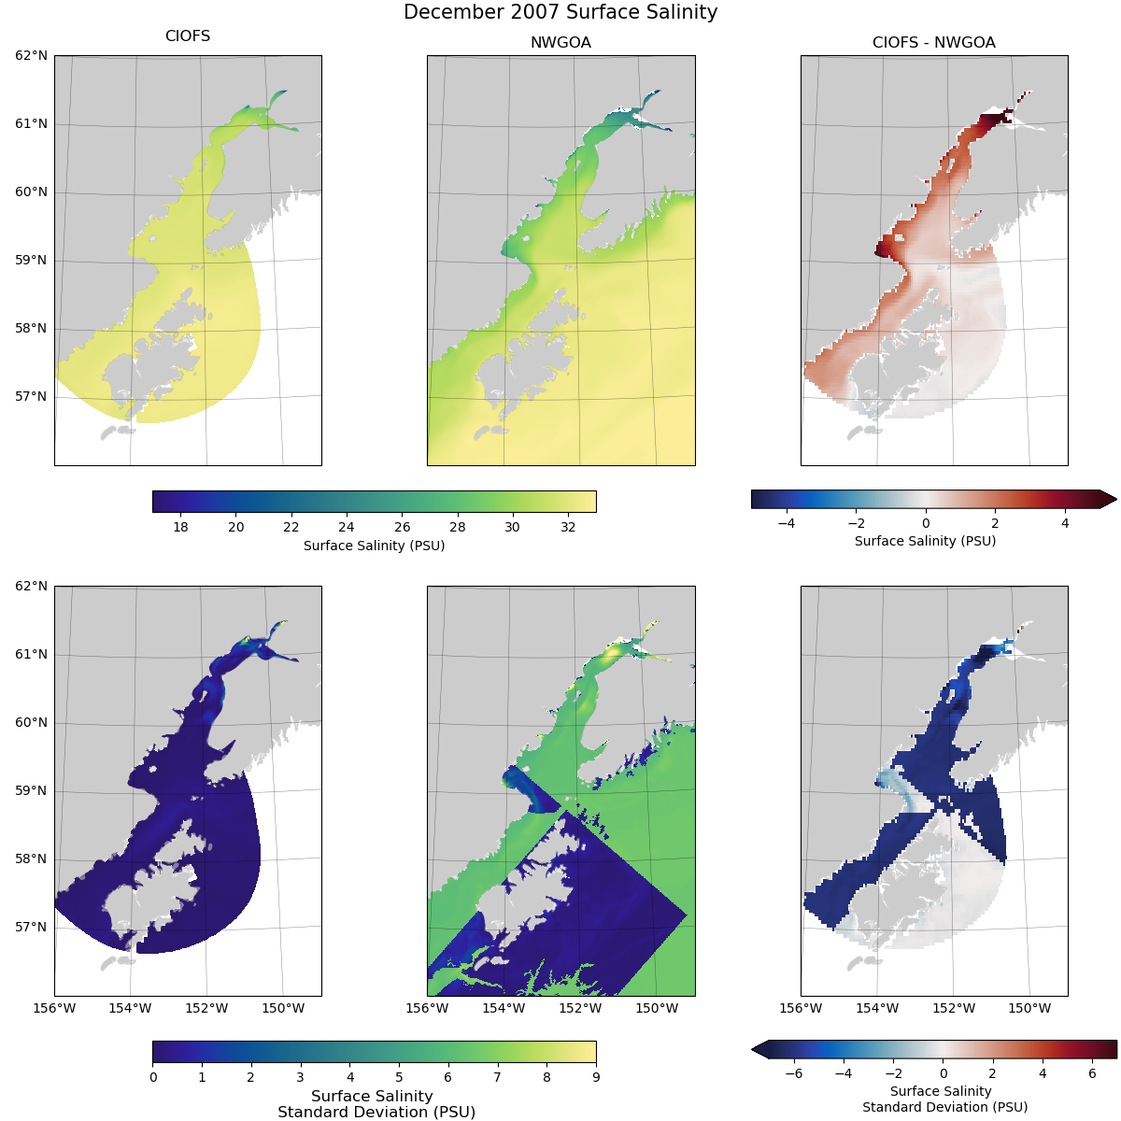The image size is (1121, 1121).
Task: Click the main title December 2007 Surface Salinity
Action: pos(560,12)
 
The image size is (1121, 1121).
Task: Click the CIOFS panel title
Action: pos(188,36)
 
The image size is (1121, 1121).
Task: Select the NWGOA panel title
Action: pos(560,42)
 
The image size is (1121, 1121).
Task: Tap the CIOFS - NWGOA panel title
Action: pos(933,42)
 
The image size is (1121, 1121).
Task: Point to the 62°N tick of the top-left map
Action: pos(32,56)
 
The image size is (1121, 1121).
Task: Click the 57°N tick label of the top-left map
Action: pos(32,396)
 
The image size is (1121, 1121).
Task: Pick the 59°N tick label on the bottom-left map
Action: pos(32,790)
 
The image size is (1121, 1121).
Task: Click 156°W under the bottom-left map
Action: pos(54,1008)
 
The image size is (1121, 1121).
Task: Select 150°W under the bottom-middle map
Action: pos(657,1008)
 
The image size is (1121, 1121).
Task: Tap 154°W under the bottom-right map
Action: pos(877,1008)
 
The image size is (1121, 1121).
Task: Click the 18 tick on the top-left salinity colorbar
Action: pos(180,527)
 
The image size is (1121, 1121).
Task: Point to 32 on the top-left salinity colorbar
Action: pos(568,527)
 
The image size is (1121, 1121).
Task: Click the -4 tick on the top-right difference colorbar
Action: pos(786,523)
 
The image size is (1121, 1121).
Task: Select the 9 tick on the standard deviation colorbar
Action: pos(596,1077)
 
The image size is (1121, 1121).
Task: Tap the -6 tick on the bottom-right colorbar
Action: pos(793,1074)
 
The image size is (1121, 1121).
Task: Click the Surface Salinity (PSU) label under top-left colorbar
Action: pos(374,546)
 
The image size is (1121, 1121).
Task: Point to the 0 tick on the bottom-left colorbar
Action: pos(153,1077)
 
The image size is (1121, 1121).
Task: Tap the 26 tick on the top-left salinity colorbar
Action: pos(402,527)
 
